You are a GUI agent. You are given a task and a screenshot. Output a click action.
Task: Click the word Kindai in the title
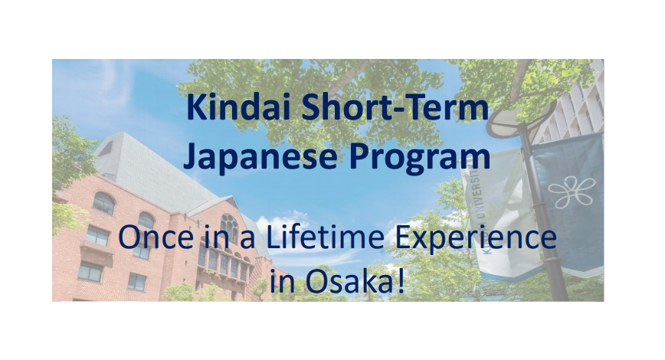tap(238, 107)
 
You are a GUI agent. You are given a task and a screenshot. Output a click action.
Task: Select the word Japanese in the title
tap(260, 156)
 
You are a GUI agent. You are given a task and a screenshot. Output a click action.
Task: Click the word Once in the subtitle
tap(156, 237)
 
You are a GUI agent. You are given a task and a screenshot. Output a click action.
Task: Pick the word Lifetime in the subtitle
tap(325, 237)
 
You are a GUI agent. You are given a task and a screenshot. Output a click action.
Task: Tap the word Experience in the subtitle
tap(476, 238)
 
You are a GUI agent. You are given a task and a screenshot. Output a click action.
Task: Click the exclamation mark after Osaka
tap(401, 283)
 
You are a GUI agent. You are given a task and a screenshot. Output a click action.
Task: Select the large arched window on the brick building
tap(229, 229)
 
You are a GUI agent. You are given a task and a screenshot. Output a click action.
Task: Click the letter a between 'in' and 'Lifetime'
tap(247, 240)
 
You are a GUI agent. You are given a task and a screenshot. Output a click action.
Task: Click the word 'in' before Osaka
tap(283, 283)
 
